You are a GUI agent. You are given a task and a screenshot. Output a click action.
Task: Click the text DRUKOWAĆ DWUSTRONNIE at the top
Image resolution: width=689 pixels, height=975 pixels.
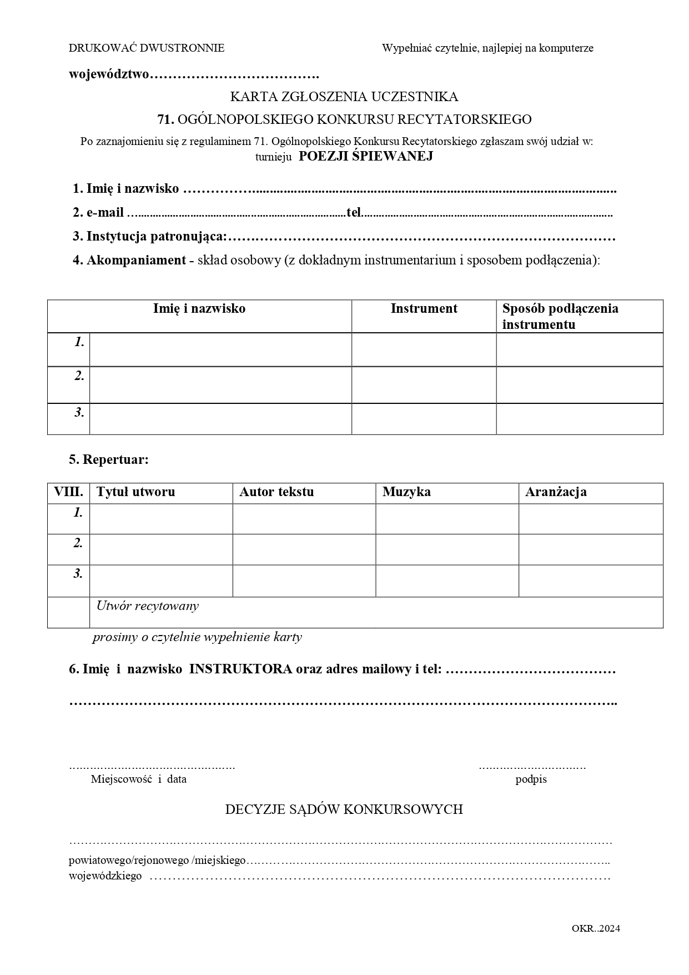pos(147,48)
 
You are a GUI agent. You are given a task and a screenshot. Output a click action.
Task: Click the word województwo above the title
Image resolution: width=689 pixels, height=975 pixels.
pos(109,74)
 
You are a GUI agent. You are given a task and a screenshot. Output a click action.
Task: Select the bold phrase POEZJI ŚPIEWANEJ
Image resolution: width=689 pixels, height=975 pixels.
pos(366,156)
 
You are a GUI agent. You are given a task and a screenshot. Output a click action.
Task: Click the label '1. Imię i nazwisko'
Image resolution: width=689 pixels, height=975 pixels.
pos(126,189)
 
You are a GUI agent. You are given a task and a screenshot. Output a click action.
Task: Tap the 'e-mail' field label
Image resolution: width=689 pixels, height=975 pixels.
pos(105,213)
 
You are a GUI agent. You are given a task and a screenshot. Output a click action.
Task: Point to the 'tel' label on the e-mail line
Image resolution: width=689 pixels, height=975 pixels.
pos(354,213)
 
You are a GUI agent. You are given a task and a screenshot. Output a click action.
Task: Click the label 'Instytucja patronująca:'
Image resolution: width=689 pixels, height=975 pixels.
pos(156,237)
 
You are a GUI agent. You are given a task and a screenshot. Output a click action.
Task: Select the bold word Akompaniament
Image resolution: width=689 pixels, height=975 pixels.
pos(136,260)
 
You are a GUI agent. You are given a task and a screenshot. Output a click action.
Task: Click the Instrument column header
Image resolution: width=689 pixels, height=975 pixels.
pos(424,309)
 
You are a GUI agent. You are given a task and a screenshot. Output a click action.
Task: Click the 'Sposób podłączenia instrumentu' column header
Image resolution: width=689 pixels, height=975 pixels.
pos(560,316)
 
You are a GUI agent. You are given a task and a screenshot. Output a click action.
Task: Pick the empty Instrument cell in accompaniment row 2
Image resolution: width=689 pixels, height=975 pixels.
pos(424,385)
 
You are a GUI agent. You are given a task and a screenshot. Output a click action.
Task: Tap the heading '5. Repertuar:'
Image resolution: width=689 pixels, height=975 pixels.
pos(109,460)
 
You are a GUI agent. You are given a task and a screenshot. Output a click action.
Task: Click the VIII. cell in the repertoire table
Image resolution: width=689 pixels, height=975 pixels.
pos(68,492)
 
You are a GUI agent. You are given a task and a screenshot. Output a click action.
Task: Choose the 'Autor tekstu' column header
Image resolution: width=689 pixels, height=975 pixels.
pos(276,492)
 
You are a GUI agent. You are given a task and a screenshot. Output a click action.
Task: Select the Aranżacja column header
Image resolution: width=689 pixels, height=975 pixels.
pos(556,492)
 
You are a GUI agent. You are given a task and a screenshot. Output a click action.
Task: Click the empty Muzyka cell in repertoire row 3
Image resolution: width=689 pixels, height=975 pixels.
pos(447,581)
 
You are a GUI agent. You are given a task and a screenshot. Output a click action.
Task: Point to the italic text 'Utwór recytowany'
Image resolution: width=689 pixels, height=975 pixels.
pos(147,606)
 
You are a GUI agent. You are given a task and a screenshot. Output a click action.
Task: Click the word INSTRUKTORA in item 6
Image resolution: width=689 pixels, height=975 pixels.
pos(240,669)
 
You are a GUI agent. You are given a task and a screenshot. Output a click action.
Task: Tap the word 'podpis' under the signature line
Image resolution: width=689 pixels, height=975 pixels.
pos(531,779)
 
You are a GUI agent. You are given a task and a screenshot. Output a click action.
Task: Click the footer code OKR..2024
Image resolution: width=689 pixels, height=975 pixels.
pos(596,928)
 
